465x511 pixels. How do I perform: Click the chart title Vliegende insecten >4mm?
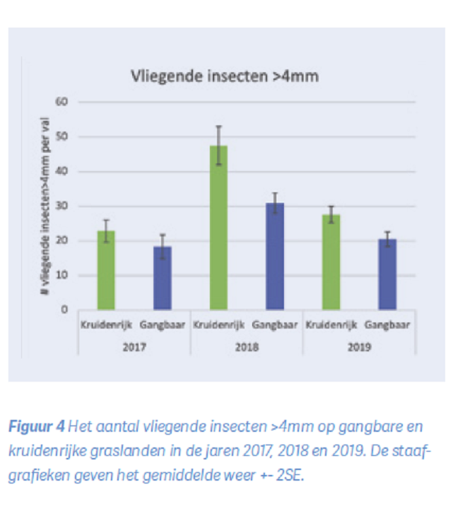click(225, 76)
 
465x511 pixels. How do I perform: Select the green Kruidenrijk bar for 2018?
click(218, 228)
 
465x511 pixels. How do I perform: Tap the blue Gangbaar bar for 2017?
click(163, 278)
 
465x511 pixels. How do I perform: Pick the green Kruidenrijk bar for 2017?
click(106, 270)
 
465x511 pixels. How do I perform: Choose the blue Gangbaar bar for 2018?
click(275, 256)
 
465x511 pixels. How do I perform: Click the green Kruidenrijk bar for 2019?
click(331, 262)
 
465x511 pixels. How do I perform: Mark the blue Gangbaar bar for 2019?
click(387, 274)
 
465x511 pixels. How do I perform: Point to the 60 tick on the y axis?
click(61, 102)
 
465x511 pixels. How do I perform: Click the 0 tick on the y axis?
click(64, 310)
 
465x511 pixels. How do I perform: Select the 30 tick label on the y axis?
click(61, 206)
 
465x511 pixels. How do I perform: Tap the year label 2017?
click(134, 347)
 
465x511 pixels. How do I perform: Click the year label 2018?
click(247, 347)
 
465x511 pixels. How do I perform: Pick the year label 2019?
click(359, 347)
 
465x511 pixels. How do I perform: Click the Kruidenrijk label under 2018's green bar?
click(218, 325)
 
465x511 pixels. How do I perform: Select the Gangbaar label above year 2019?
click(387, 325)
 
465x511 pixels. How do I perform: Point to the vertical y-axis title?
click(45, 206)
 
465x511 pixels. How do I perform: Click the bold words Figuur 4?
click(37, 427)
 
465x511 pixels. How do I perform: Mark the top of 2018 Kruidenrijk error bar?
click(218, 126)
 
